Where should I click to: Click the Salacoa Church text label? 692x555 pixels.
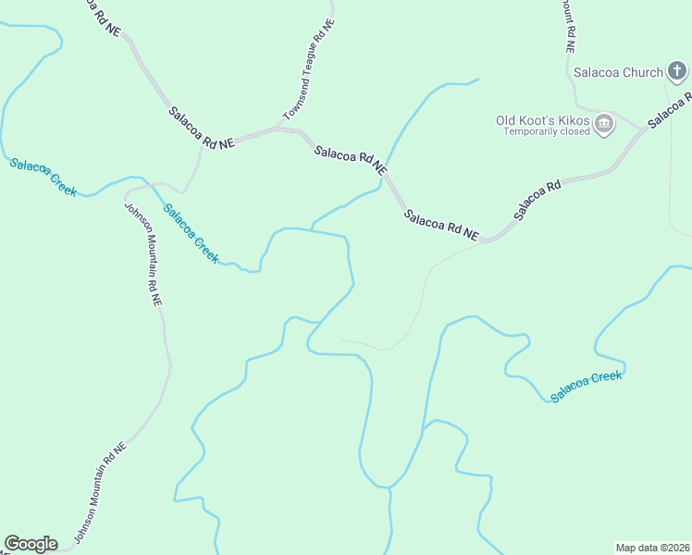618,72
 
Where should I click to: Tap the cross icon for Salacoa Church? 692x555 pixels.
677,71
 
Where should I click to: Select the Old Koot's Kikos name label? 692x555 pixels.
543,120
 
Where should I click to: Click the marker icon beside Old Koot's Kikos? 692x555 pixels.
604,124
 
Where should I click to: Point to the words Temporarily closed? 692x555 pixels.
547,132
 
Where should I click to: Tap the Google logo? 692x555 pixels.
31,543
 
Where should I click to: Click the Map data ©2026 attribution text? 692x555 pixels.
651,548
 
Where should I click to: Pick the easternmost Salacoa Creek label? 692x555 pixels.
587,386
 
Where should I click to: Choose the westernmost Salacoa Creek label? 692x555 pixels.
42,177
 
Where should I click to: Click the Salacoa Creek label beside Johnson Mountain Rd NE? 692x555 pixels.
192,234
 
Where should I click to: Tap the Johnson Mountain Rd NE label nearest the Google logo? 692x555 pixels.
99,494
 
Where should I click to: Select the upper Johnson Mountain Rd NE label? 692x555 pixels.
143,253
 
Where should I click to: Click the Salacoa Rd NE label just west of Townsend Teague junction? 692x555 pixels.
202,128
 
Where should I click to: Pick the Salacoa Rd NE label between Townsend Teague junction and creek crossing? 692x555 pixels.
350,160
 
